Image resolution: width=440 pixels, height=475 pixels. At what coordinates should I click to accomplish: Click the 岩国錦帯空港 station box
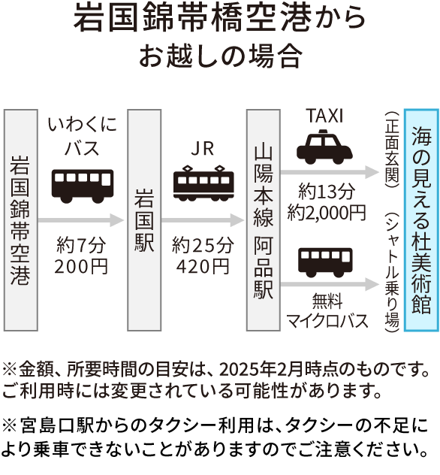[x=20, y=220]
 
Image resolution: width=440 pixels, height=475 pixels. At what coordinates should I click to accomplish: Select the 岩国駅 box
[x=144, y=220]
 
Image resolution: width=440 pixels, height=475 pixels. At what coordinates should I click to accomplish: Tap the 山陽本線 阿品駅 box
[x=264, y=220]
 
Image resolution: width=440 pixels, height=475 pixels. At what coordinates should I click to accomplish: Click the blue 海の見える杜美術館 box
[x=421, y=220]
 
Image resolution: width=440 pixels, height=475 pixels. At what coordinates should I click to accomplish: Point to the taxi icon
[x=324, y=147]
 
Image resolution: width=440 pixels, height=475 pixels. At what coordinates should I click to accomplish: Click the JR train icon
[x=203, y=183]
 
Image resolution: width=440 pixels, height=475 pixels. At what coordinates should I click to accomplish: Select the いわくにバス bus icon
[x=83, y=186]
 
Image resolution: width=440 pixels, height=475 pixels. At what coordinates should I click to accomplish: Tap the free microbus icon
[x=325, y=262]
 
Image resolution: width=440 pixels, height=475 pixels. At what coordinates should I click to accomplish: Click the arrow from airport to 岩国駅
[x=81, y=220]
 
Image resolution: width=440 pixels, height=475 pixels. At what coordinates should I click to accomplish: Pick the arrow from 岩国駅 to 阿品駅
[x=203, y=220]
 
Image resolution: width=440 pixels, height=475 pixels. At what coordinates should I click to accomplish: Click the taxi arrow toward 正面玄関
[x=330, y=172]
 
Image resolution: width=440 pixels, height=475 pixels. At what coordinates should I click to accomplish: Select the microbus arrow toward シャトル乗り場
[x=330, y=284]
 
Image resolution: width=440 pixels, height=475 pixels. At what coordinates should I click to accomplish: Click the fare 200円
[x=81, y=267]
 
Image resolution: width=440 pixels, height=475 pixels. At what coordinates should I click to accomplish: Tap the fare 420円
[x=203, y=267]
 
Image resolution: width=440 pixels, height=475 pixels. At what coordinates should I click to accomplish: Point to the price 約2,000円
[x=326, y=213]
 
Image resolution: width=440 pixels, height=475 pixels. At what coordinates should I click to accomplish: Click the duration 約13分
[x=326, y=192]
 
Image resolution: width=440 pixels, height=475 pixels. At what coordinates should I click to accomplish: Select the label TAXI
[x=324, y=116]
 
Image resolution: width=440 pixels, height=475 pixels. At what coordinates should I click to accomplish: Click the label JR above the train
[x=203, y=149]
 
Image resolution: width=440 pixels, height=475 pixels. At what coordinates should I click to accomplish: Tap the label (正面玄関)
[x=392, y=150]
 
